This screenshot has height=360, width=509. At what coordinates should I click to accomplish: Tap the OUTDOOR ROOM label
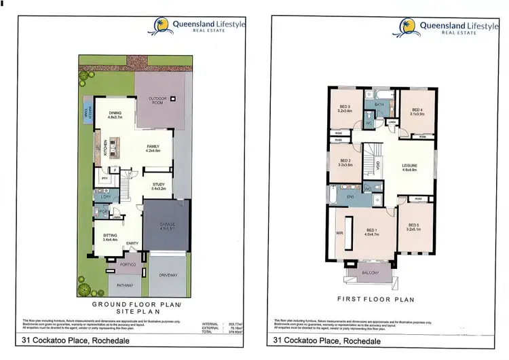pos(157,99)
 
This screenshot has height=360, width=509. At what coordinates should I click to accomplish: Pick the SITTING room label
pos(110,237)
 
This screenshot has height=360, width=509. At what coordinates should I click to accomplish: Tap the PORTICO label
pos(128,264)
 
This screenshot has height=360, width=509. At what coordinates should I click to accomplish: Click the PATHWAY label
pos(124,285)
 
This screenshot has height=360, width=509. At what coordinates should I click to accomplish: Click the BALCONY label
pos(370,272)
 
